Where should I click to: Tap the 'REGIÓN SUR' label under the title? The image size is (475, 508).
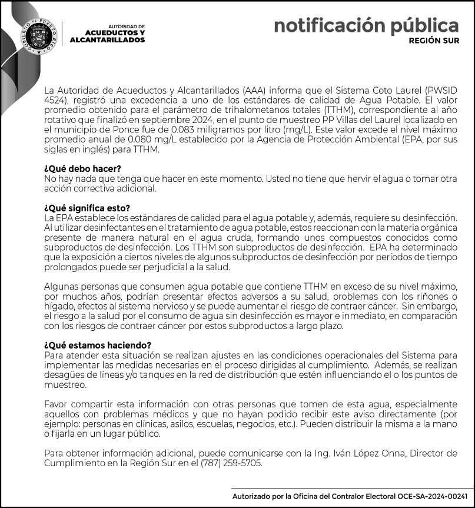[434, 41]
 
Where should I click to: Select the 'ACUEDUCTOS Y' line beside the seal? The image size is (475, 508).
[115, 33]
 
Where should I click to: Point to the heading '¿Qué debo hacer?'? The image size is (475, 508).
[82, 169]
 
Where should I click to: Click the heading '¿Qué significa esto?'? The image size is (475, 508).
[87, 208]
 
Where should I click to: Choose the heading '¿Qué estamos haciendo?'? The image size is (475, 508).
[98, 345]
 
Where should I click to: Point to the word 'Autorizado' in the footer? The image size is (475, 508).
[257, 497]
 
